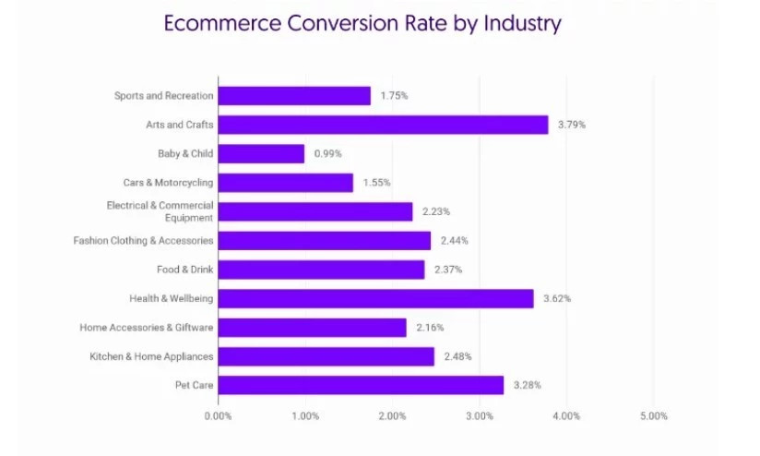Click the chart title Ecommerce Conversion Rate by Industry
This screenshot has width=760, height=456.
[x=362, y=23]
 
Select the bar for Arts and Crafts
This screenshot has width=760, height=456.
[x=383, y=125]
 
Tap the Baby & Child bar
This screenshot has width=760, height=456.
[x=261, y=154]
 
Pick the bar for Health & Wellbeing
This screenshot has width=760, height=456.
[x=375, y=298]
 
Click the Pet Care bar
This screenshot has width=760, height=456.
[x=361, y=385]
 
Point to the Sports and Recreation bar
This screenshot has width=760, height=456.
[x=294, y=96]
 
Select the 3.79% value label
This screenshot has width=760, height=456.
[x=570, y=125]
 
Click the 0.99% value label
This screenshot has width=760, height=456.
[x=327, y=154]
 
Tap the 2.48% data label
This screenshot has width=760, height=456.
[x=456, y=356]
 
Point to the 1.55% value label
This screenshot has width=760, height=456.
[x=375, y=183]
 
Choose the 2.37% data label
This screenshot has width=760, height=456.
[x=447, y=270]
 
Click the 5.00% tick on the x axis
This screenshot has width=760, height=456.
[x=652, y=416]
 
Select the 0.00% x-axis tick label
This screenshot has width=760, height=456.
[x=218, y=416]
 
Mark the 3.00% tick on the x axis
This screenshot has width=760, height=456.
[x=479, y=416]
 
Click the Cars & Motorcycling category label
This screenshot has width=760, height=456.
[x=168, y=183]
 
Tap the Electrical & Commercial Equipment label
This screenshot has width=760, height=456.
[x=160, y=211]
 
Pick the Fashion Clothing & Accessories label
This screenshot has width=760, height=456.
[x=143, y=241]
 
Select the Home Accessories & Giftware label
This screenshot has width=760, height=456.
[x=146, y=327]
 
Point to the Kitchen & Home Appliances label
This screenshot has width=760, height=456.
[x=151, y=356]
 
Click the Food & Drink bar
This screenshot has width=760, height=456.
[x=321, y=270]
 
